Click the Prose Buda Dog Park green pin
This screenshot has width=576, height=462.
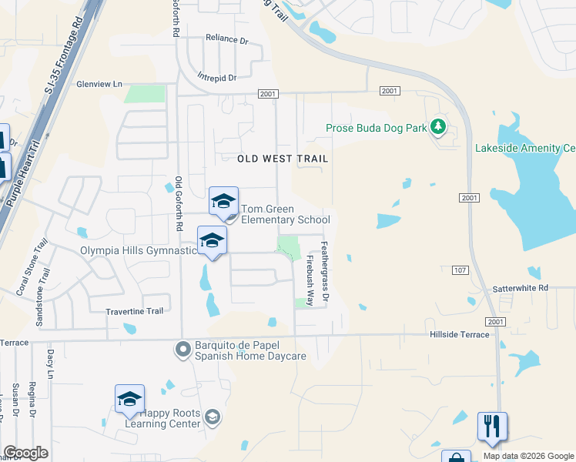(x=439, y=126)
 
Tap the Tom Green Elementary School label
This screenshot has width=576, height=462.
(x=286, y=214)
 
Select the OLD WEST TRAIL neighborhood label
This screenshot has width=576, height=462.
(x=283, y=159)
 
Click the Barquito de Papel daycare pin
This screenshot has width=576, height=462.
(x=183, y=350)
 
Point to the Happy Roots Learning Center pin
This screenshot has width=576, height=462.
(x=213, y=417)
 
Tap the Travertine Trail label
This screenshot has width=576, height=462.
(x=135, y=312)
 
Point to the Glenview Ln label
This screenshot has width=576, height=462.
(x=99, y=84)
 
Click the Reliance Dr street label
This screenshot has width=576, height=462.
(x=227, y=38)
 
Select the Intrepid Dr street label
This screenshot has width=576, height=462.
(x=216, y=77)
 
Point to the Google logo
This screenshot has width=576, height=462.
(x=25, y=453)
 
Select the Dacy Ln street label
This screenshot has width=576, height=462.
(x=50, y=363)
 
